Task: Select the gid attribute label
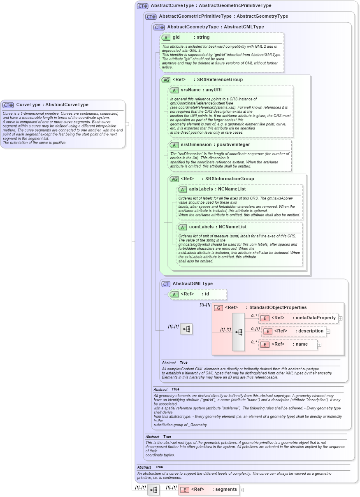(176, 37)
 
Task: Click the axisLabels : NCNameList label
(217, 189)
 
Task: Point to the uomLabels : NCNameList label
(218, 227)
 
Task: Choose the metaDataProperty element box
(298, 318)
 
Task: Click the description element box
(294, 331)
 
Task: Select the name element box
(288, 344)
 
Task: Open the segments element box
(209, 490)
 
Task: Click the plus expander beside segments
(242, 490)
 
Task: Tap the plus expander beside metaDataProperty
(340, 318)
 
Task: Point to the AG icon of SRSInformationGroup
(174, 179)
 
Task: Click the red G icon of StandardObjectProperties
(218, 308)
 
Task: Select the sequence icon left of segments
(153, 490)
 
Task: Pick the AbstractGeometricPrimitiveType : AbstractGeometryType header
(223, 16)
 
